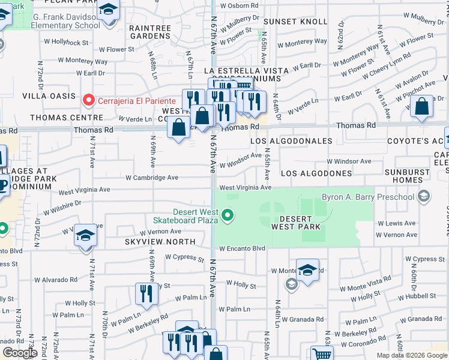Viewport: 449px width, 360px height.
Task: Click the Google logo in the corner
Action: (20, 353)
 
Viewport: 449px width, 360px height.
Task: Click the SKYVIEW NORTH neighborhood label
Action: (160, 241)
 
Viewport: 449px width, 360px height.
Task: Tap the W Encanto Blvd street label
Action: (242, 248)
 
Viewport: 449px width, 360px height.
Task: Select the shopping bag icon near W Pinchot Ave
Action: (423, 107)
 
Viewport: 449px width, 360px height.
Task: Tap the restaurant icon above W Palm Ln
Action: (146, 293)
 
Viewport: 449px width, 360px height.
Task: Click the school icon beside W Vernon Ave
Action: (85, 236)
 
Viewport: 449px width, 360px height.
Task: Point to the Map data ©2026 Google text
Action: (412, 355)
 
